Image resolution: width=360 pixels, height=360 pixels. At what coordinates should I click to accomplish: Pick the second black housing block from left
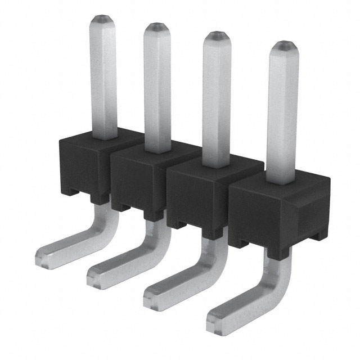click(138, 181)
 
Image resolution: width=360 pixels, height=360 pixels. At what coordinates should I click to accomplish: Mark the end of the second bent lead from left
click(96, 276)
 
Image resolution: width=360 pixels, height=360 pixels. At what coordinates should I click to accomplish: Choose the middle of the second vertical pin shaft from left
click(157, 87)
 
